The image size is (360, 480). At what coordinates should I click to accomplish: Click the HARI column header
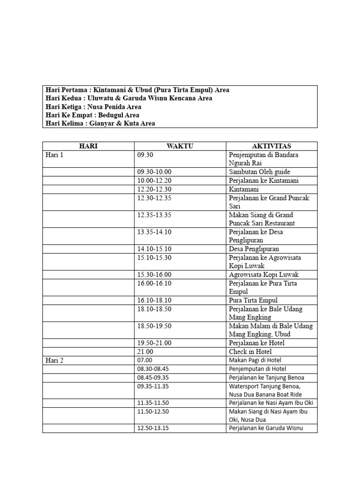(x=88, y=146)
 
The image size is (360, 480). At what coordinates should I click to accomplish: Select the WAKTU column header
(x=180, y=146)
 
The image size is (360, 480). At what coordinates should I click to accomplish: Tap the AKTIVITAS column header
(x=271, y=146)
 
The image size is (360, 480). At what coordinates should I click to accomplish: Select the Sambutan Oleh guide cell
(x=260, y=172)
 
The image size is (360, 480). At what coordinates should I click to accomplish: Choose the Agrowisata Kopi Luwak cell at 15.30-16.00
(x=263, y=275)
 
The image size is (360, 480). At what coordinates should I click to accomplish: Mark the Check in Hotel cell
(x=250, y=352)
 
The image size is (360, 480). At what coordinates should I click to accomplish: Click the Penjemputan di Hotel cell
(x=258, y=369)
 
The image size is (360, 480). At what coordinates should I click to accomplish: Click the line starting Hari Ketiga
(x=93, y=106)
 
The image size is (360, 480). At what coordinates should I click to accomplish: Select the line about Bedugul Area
(x=92, y=115)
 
